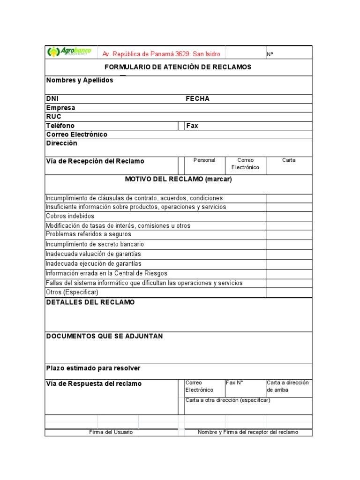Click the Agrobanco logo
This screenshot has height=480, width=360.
click(69, 52)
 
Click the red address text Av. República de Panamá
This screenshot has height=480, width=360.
click(161, 54)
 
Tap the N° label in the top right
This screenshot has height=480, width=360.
click(270, 54)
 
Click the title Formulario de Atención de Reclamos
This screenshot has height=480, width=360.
click(178, 67)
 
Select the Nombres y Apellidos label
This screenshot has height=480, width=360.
click(80, 80)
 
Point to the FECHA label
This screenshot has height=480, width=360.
click(197, 98)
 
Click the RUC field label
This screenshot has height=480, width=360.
click(53, 116)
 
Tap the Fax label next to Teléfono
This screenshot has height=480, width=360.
click(192, 126)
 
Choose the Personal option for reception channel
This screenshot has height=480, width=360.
click(204, 160)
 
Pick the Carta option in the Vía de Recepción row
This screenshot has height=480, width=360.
click(289, 160)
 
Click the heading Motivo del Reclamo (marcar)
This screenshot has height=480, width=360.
click(178, 179)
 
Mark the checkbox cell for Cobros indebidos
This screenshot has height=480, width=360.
click(289, 216)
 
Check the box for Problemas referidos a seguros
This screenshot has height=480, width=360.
click(289, 234)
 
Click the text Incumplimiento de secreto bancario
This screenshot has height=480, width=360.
click(95, 244)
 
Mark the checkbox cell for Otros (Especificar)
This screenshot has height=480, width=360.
click(289, 292)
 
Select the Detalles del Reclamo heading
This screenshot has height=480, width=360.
click(90, 302)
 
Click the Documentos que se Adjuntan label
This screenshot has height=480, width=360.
click(104, 337)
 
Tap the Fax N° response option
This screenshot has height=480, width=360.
click(234, 382)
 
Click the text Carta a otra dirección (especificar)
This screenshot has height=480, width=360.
click(228, 400)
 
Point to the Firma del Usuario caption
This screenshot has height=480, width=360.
click(111, 432)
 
